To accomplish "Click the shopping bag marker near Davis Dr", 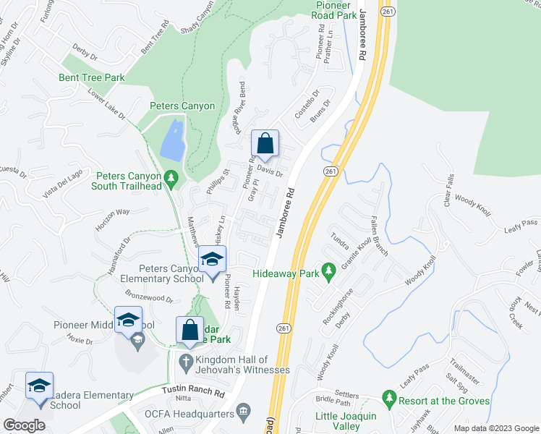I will coord(265,143).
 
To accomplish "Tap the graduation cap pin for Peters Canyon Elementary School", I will coord(212,260).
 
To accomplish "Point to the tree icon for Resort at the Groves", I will coord(390,399).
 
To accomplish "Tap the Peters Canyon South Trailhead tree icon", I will coord(171,176).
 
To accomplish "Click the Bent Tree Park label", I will coord(92,77).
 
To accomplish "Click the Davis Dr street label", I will coord(269,171).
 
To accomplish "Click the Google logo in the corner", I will coord(24,425).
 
